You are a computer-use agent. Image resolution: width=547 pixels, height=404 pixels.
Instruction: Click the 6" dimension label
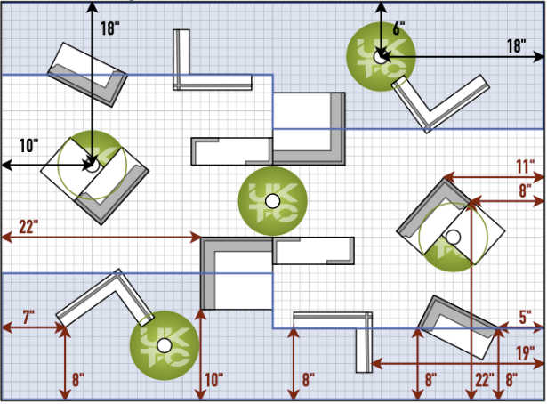tap(399, 28)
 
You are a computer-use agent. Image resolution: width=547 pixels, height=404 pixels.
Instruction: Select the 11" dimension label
tap(524, 166)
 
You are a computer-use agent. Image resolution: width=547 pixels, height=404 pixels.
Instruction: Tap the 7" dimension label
tap(28, 315)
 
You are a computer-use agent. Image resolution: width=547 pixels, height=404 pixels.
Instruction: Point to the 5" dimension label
tap(526, 316)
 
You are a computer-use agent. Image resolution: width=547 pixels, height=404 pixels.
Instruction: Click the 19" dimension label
tap(525, 351)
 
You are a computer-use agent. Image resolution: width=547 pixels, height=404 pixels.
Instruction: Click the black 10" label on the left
tap(28, 145)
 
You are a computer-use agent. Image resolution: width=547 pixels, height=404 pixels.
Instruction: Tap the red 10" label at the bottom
tap(214, 381)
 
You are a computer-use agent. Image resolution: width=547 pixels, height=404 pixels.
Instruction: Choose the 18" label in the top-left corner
tap(109, 28)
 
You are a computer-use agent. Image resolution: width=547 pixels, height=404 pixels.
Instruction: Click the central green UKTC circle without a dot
tap(272, 200)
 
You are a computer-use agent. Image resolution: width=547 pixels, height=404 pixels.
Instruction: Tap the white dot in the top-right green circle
tap(381, 56)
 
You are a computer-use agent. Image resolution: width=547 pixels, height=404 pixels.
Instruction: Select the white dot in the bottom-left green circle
tap(164, 344)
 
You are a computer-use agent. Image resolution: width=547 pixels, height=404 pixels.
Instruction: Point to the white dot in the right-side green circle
tap(452, 236)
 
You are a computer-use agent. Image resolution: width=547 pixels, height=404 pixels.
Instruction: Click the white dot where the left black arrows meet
tap(91, 164)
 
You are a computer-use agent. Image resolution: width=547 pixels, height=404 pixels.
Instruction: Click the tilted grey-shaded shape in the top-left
tap(86, 74)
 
